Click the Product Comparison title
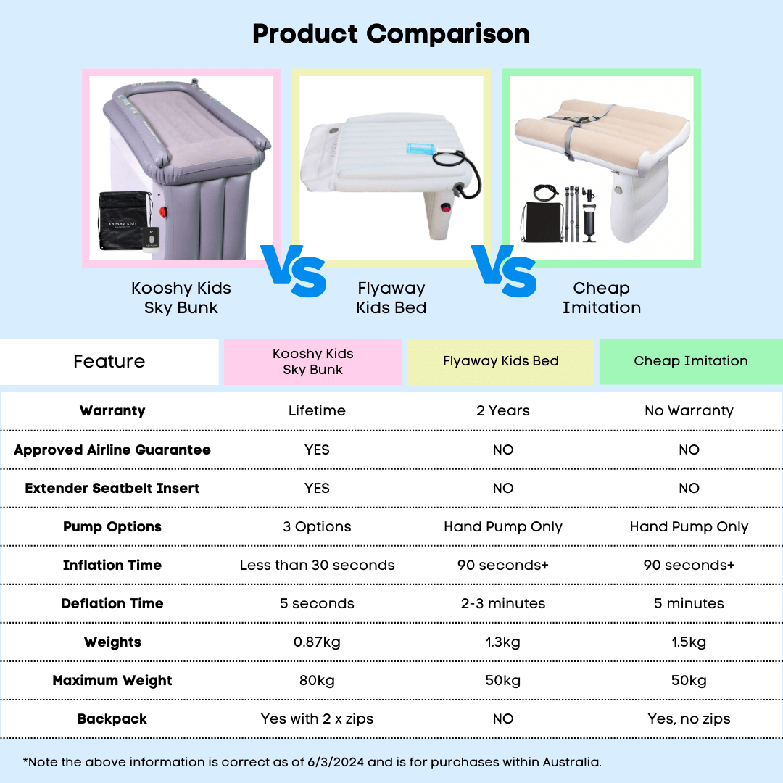391,34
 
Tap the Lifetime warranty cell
317,411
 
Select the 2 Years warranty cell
502,411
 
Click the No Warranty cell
689,411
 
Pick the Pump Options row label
112,527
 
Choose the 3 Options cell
317,527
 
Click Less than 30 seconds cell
317,565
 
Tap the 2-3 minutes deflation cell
502,604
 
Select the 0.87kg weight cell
317,642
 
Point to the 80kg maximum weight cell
317,681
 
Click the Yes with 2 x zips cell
317,719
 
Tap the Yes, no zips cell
689,719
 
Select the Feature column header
109,361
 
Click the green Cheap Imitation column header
690,361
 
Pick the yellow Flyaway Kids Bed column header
500,361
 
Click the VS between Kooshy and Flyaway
293,271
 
